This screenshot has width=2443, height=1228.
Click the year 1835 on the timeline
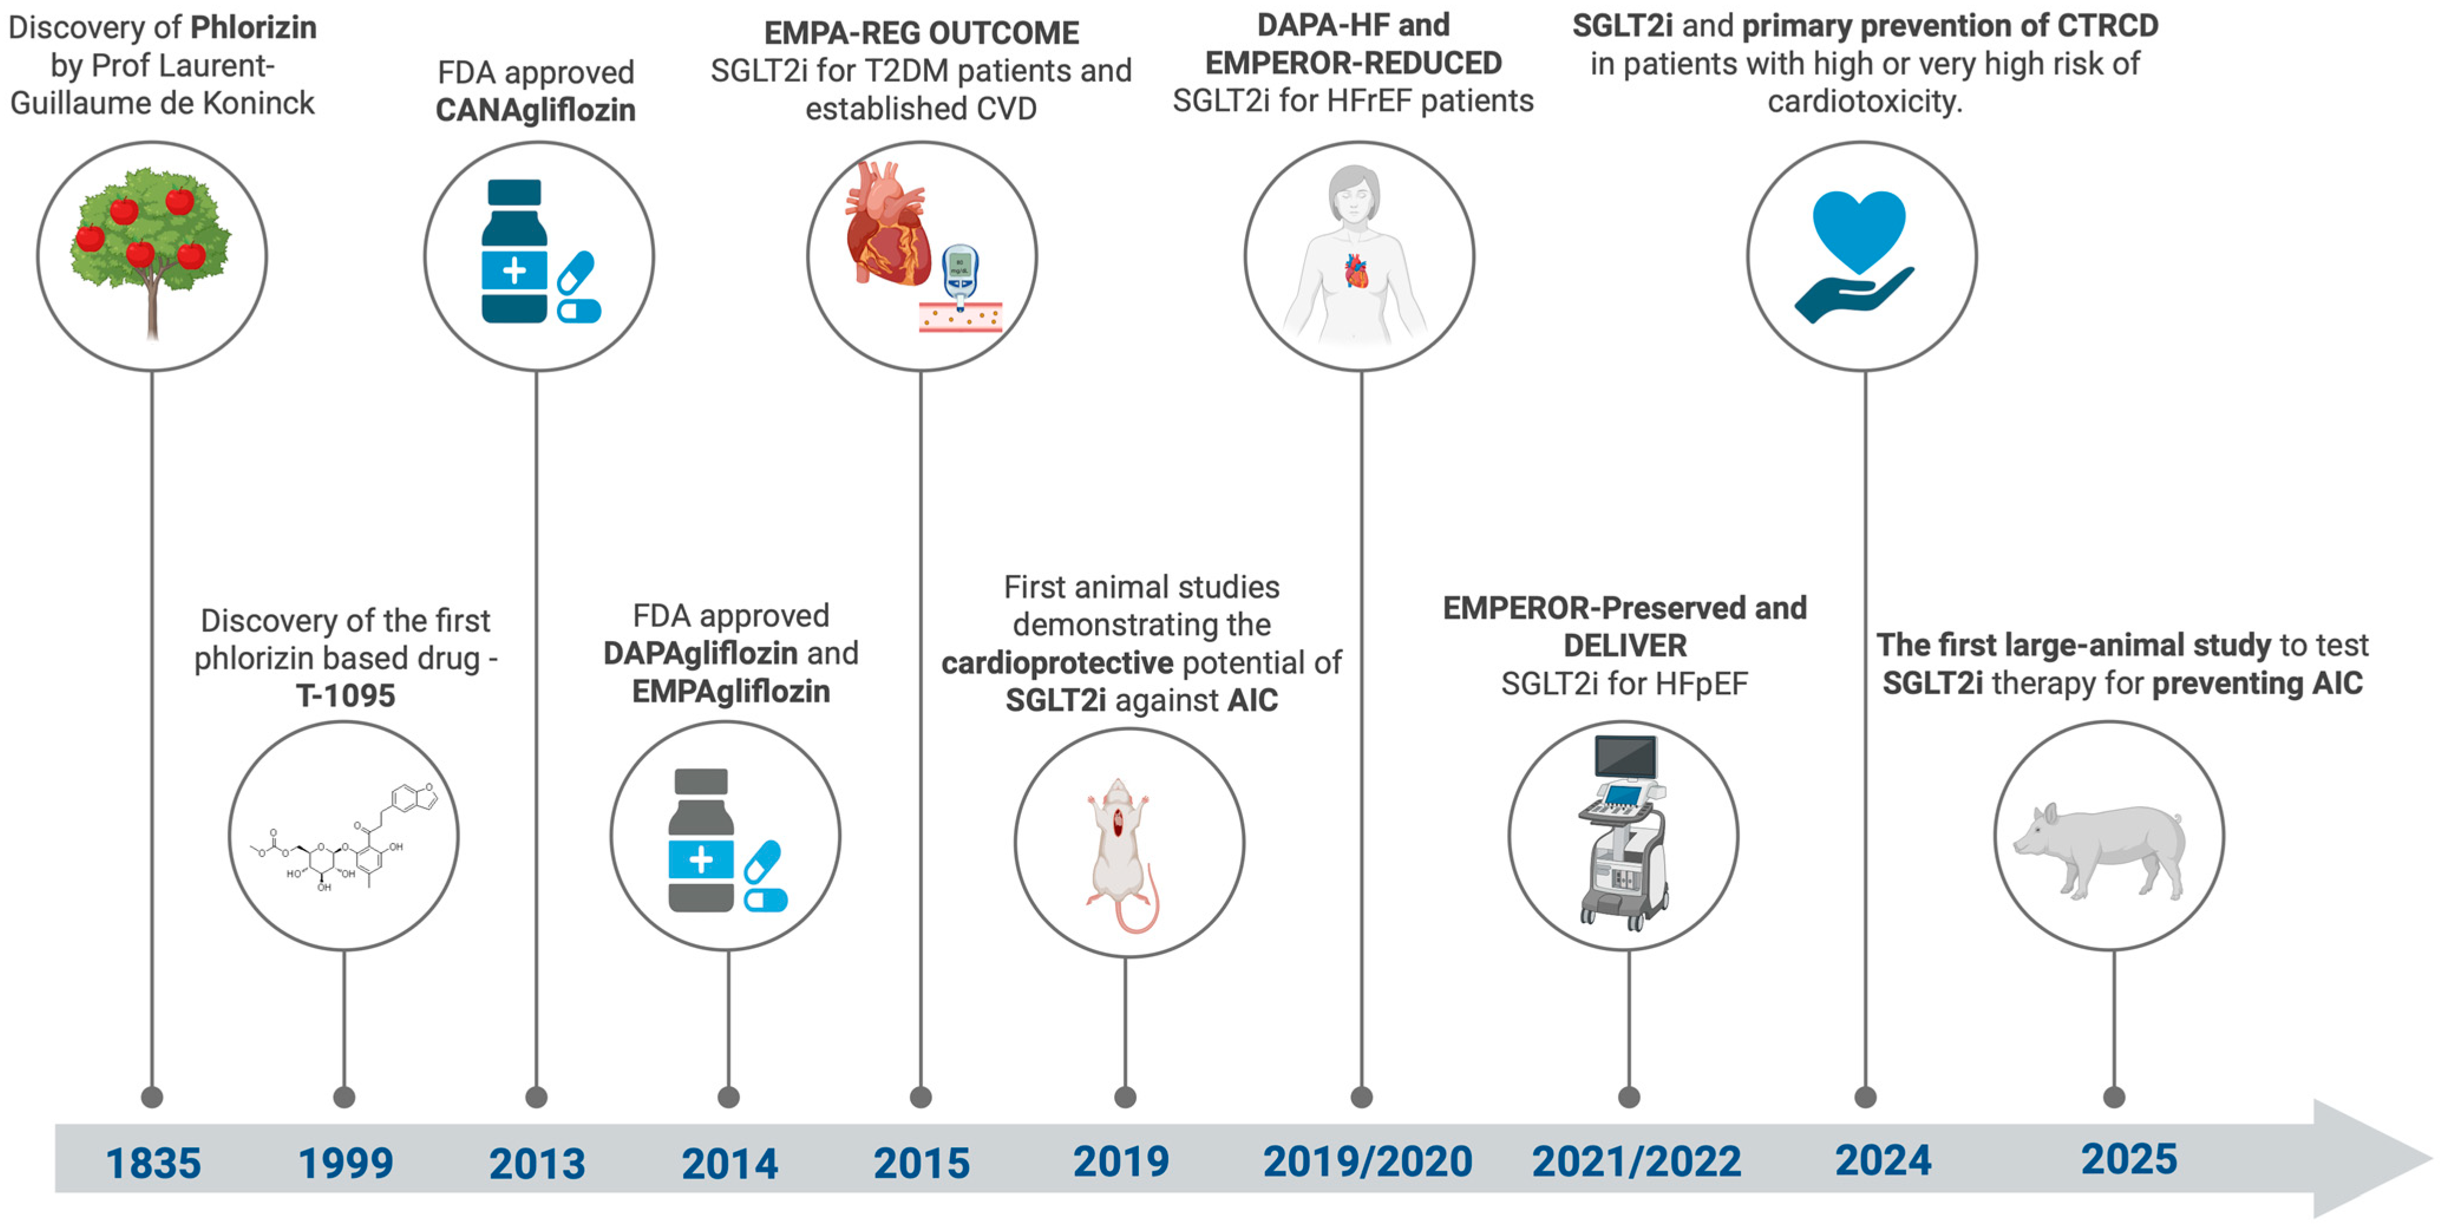153,1163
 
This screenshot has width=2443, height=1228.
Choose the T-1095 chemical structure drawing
343,838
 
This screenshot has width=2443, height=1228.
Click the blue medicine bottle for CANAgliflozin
514,251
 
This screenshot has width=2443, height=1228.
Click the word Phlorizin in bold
253,28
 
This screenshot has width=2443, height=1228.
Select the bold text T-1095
345,695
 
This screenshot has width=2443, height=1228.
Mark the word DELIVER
1625,646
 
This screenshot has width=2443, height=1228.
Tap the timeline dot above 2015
920,1097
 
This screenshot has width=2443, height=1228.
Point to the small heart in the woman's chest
1356,271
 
